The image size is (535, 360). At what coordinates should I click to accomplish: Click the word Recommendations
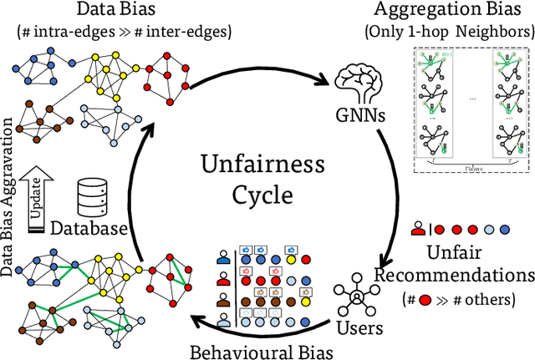(x=454, y=275)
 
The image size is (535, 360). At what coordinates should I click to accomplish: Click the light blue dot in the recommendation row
(x=502, y=230)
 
